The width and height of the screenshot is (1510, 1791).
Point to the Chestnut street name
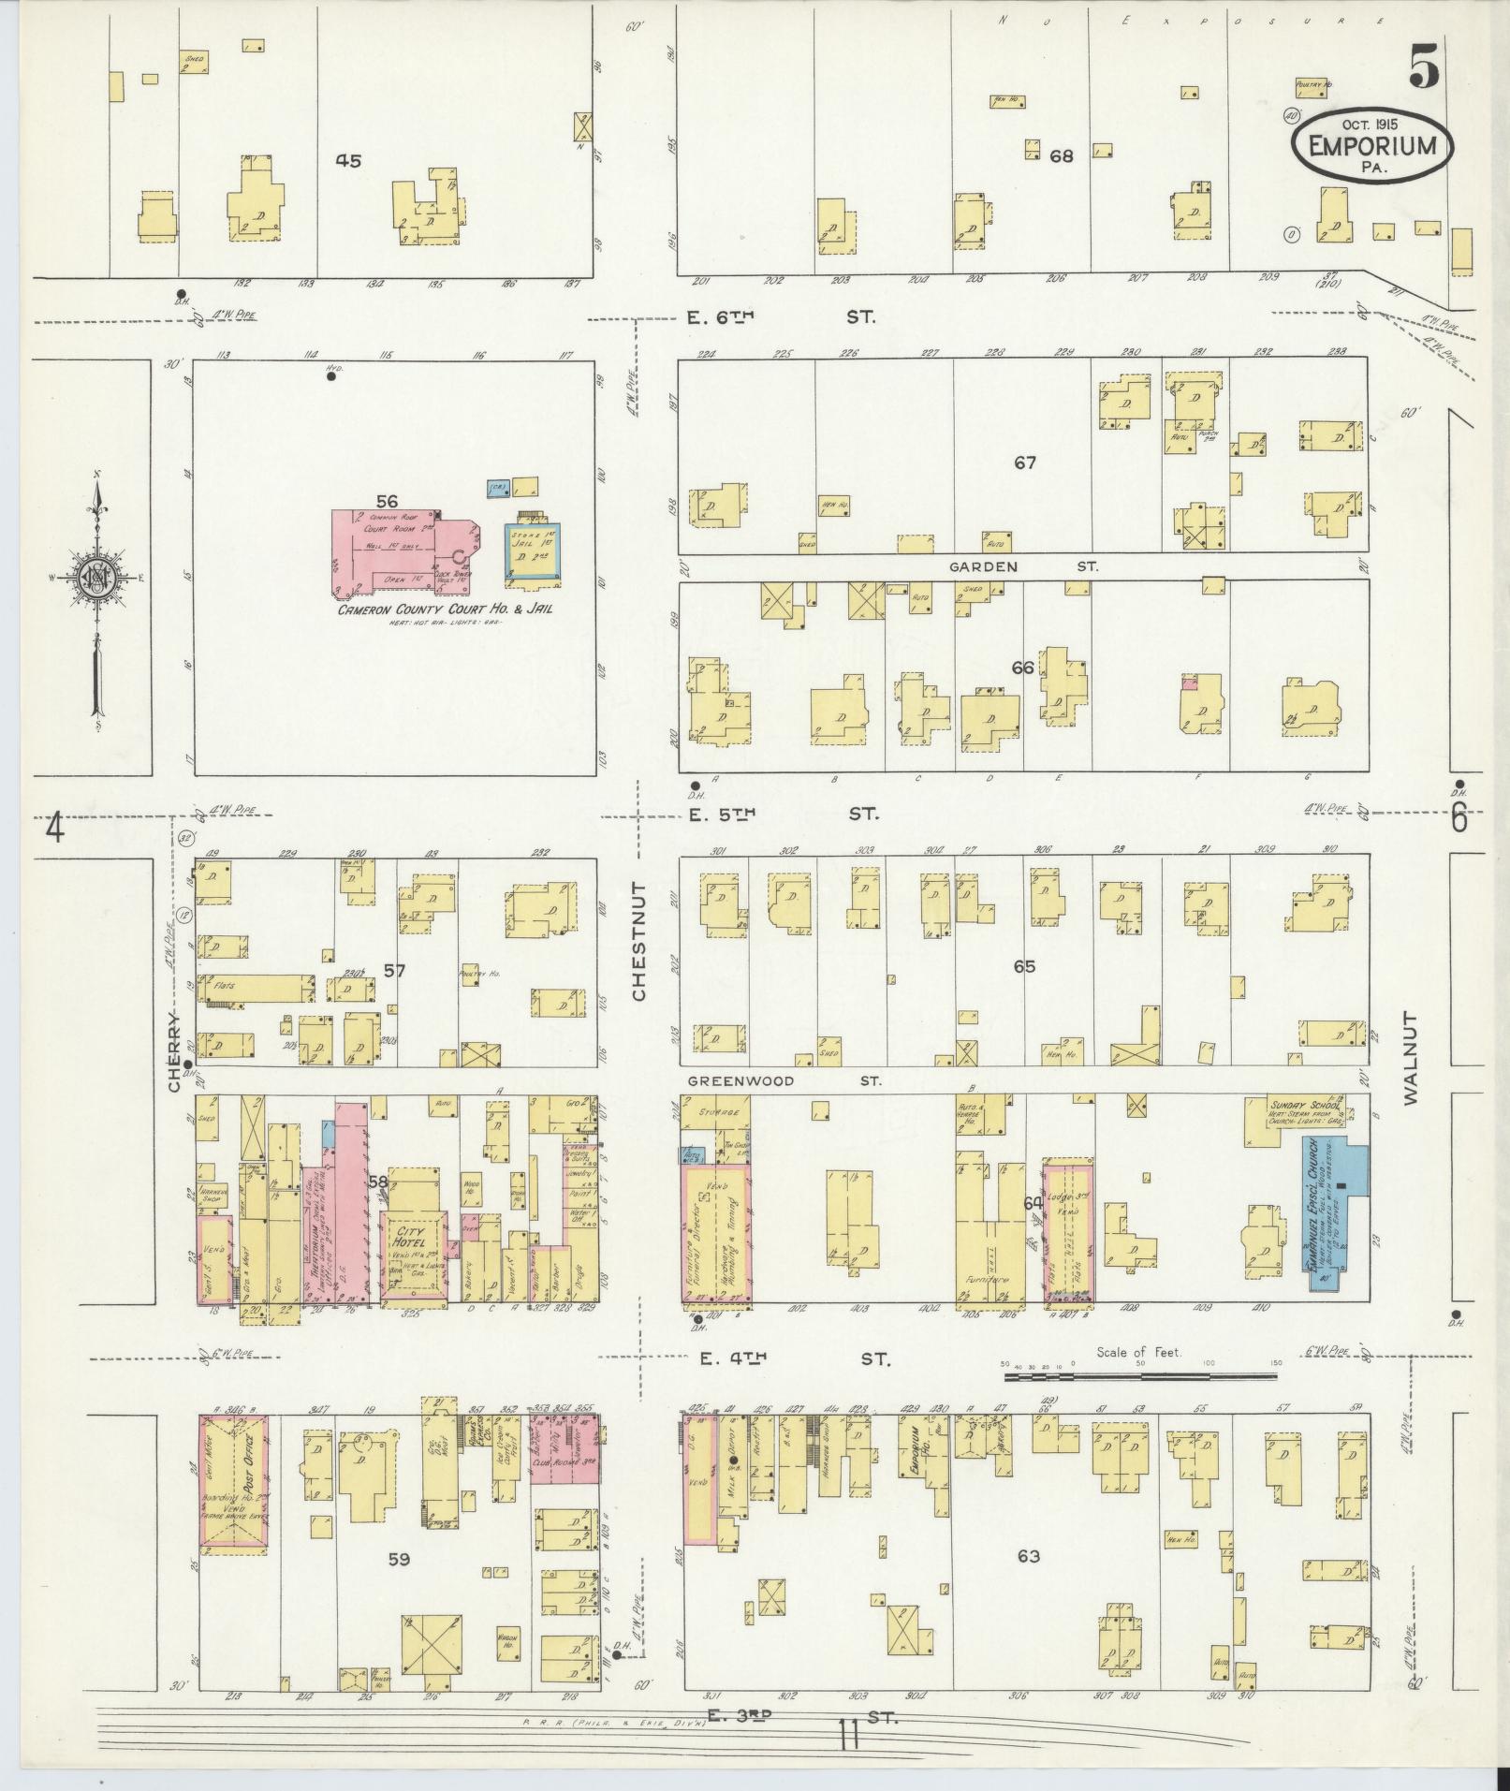639,941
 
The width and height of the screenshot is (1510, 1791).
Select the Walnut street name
1410,1057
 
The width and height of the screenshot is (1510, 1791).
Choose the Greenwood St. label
784,1080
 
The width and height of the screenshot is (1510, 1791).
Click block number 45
348,160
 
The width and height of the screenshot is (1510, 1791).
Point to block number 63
1028,1556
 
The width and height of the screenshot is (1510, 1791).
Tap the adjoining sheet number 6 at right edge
1459,819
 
